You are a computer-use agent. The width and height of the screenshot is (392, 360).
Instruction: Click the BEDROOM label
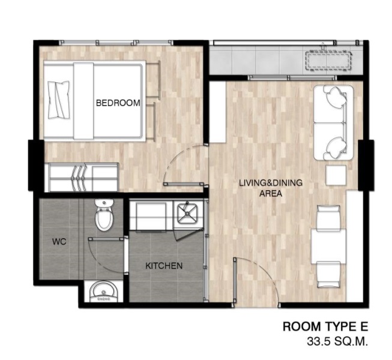(x=118, y=103)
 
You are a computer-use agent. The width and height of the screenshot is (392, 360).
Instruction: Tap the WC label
(x=59, y=242)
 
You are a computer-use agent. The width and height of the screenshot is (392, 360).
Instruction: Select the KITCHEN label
(x=164, y=266)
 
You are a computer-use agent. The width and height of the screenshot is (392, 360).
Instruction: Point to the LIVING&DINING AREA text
(x=271, y=188)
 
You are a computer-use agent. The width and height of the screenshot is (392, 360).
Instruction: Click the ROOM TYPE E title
(x=325, y=326)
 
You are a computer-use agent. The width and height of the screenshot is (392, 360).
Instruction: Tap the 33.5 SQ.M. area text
(x=337, y=341)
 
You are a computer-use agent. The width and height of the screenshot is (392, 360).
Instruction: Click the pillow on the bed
(x=59, y=100)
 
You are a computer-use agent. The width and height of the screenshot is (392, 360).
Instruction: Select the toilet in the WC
(x=104, y=215)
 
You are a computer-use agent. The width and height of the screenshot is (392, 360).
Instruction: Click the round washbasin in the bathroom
(x=104, y=291)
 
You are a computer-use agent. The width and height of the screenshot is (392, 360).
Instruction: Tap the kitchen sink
(x=187, y=214)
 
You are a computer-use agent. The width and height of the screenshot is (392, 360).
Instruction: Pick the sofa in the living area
(x=334, y=122)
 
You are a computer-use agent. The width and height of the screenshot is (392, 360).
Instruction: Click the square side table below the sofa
(x=336, y=175)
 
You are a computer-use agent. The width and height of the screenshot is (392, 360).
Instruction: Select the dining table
(x=328, y=246)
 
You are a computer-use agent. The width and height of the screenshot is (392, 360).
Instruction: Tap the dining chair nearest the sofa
(x=328, y=217)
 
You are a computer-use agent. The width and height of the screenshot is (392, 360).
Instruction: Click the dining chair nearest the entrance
(x=328, y=274)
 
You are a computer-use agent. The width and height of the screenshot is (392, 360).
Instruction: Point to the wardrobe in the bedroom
(x=83, y=177)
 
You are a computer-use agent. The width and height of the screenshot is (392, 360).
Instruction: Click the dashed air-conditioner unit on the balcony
(x=330, y=61)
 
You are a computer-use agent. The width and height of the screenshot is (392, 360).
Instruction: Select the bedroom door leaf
(x=184, y=184)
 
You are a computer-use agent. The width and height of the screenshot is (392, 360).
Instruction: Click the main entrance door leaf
(x=235, y=281)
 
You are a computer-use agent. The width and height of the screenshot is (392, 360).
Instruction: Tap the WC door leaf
(x=106, y=239)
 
